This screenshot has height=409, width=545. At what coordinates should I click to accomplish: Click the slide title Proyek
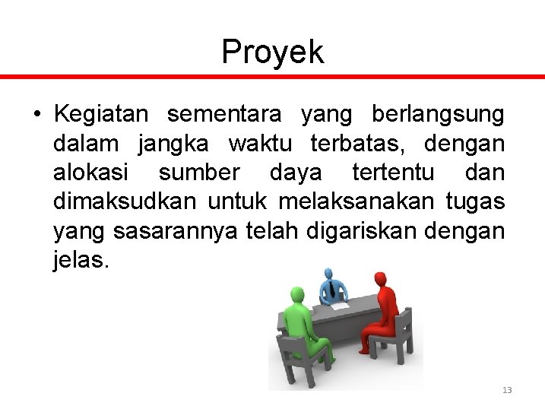(272, 52)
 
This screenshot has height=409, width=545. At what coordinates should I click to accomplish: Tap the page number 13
(507, 390)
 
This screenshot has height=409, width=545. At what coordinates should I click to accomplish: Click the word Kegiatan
(101, 115)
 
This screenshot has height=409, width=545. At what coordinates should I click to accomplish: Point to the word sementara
(224, 115)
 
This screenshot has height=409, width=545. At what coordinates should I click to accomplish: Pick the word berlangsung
(438, 115)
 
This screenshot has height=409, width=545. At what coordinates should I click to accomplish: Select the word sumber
(199, 173)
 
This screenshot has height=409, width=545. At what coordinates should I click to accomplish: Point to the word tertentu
(393, 173)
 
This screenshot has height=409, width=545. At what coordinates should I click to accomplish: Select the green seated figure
(304, 323)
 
